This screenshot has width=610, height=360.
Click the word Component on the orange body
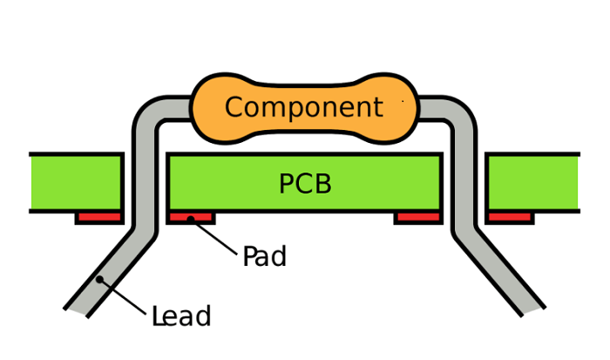click(x=303, y=107)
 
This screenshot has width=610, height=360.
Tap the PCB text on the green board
click(x=305, y=184)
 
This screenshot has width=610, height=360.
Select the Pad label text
click(x=264, y=257)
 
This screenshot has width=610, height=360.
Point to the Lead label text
click(x=181, y=316)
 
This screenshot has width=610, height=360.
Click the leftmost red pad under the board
click(x=98, y=217)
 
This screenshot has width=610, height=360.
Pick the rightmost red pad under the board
click(x=510, y=217)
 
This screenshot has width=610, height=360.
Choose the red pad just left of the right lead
click(x=417, y=217)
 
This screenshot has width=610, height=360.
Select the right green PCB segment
click(x=532, y=182)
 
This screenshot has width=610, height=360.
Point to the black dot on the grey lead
click(x=99, y=279)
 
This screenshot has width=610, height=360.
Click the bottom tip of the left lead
click(x=77, y=310)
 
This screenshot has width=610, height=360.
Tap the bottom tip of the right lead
click(x=532, y=310)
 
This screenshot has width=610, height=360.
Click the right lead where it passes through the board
click(x=464, y=182)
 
